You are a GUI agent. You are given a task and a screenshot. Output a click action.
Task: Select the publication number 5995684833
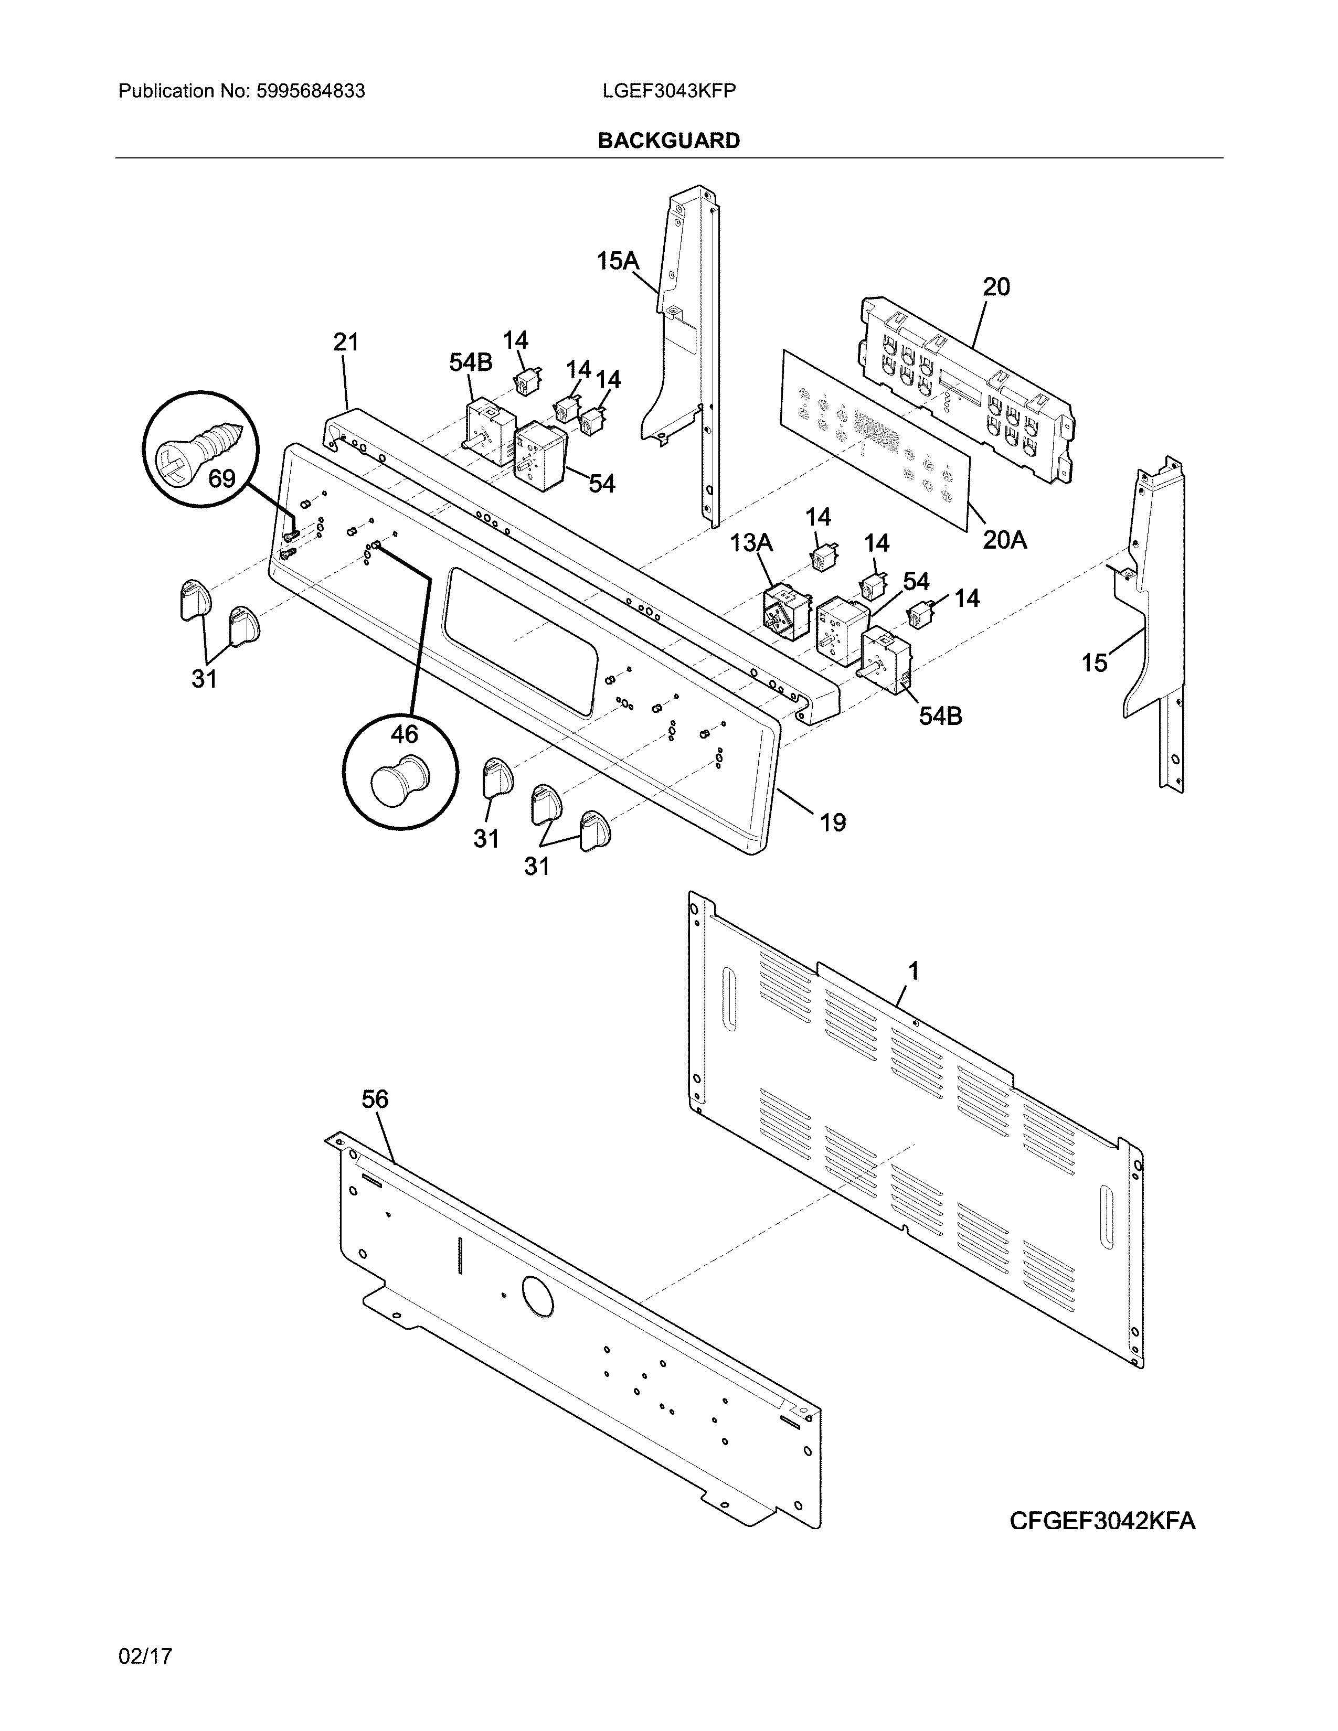(310, 91)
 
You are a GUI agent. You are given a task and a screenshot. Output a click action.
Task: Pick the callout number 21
(346, 343)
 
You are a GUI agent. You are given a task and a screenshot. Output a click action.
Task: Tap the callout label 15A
(618, 260)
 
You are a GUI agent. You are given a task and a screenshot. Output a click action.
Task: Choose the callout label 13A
(751, 542)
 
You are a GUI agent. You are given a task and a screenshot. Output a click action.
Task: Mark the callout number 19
(832, 822)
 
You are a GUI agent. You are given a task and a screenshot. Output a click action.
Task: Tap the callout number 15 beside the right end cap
(1095, 663)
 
